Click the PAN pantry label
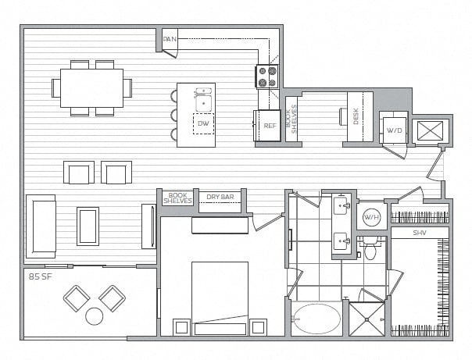click(x=170, y=39)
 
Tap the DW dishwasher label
click(x=203, y=123)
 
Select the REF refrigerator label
click(x=270, y=126)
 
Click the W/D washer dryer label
click(x=394, y=130)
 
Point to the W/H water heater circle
click(x=372, y=217)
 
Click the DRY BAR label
click(x=220, y=197)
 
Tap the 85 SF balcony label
click(x=41, y=276)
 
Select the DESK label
click(x=356, y=116)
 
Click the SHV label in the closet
click(x=420, y=233)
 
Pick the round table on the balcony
click(x=95, y=316)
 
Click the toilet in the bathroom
click(x=370, y=248)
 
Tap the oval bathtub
click(x=316, y=319)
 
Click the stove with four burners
click(x=267, y=77)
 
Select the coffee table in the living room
click(x=88, y=226)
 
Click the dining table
click(x=91, y=87)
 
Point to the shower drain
click(x=367, y=319)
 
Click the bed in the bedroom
click(x=220, y=298)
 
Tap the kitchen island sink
click(x=203, y=100)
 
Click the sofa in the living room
click(x=41, y=226)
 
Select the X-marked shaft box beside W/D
click(x=431, y=131)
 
